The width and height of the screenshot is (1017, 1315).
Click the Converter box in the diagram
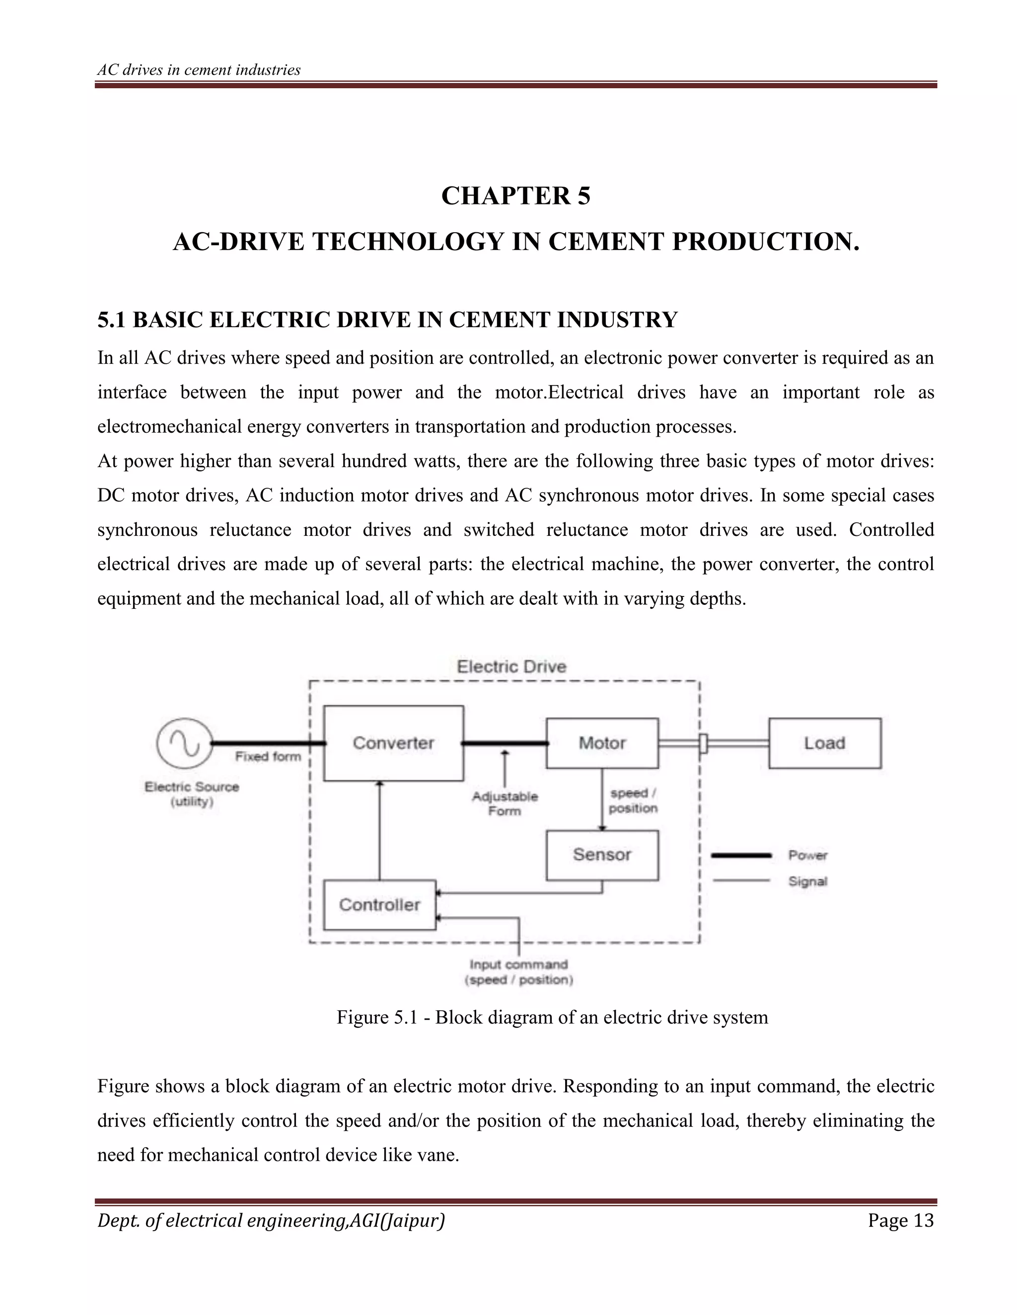click(x=393, y=743)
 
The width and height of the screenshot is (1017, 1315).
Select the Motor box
click(x=602, y=743)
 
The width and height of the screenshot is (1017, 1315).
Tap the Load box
click(x=824, y=743)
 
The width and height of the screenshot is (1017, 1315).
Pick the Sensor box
click(x=602, y=855)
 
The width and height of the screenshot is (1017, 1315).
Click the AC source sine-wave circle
click(x=184, y=743)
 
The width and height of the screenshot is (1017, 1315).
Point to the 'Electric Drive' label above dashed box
click(x=511, y=666)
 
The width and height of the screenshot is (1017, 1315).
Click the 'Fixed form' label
click(x=268, y=757)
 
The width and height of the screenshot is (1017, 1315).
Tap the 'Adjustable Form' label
click(x=505, y=804)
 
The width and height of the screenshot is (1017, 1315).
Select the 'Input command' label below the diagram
click(x=519, y=965)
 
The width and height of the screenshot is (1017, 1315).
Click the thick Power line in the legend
click(x=741, y=855)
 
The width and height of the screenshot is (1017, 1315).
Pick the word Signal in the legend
click(x=808, y=881)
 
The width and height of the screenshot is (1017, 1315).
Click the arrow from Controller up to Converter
click(x=379, y=831)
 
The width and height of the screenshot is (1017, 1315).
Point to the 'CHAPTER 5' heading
click(x=516, y=196)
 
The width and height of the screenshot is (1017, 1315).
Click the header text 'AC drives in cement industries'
click(x=199, y=70)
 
